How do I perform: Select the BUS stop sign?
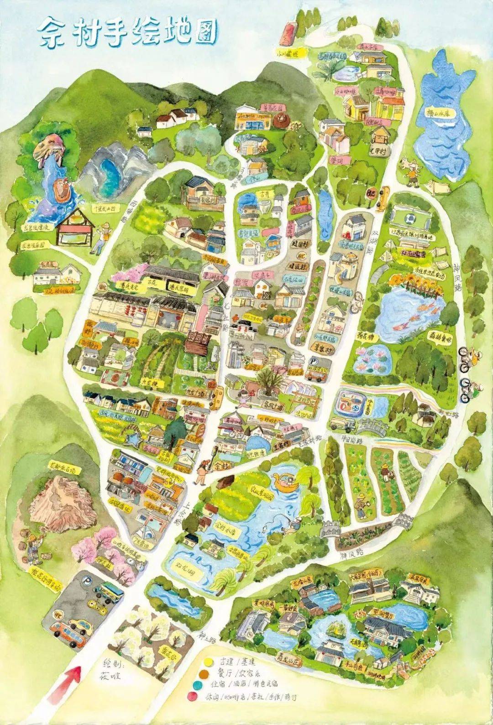click(370, 194)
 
